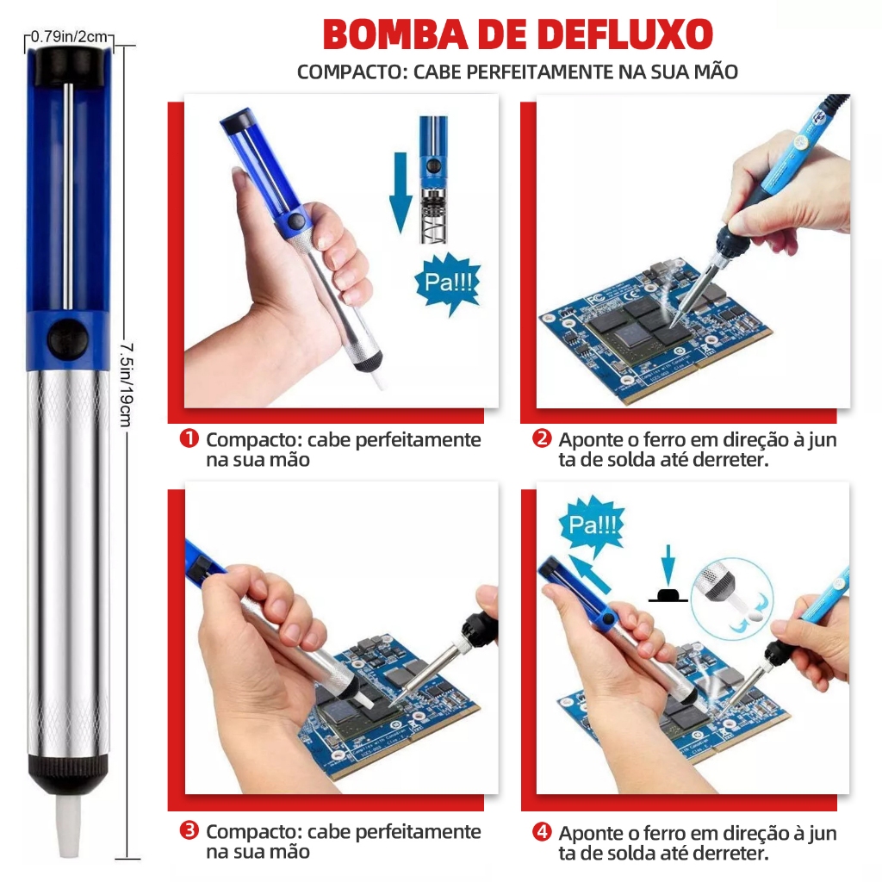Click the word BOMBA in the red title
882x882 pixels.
[x=395, y=34]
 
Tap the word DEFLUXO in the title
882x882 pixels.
[x=624, y=34]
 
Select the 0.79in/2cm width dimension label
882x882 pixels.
[x=69, y=37]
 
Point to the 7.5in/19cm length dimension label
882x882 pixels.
[x=127, y=385]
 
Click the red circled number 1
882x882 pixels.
[x=189, y=438]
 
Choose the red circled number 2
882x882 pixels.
[x=542, y=438]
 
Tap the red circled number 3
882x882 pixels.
[x=189, y=830]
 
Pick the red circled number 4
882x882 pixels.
[x=542, y=831]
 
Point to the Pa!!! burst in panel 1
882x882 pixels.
[x=448, y=283]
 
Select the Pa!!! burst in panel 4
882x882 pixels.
[x=593, y=525]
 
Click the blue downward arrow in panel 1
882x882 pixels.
[x=400, y=192]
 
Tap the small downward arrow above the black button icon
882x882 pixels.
[x=668, y=565]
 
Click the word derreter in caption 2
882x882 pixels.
[x=730, y=460]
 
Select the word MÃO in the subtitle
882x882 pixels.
[x=716, y=71]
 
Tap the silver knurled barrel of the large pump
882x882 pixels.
[x=68, y=562]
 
